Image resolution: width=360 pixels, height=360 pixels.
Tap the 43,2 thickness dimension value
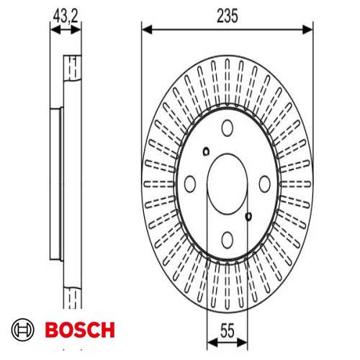(64, 14)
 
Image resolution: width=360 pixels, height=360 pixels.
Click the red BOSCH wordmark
(80, 330)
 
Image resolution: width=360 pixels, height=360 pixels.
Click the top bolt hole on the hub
(227, 128)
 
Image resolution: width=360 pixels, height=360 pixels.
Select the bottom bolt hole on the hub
(227, 238)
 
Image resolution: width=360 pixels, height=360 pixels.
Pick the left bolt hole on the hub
(190, 184)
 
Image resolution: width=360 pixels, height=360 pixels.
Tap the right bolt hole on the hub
(264, 184)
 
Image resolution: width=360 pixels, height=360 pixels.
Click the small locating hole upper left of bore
(206, 151)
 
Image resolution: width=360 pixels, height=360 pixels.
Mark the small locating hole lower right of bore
(248, 216)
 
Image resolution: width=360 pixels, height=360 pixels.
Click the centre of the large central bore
(227, 184)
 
